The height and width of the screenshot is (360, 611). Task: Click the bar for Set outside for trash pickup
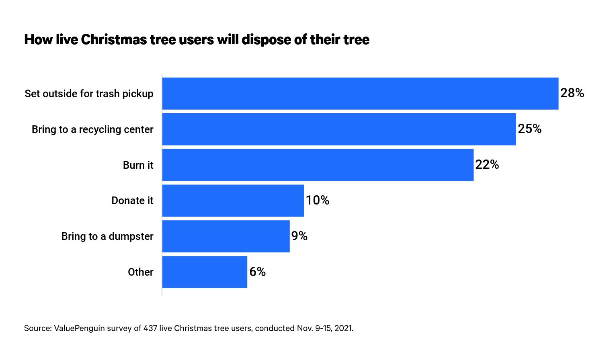[x=360, y=94]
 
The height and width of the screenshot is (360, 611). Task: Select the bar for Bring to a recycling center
[x=339, y=129]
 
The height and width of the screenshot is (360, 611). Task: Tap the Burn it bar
[x=318, y=165]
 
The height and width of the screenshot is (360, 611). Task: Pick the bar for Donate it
[x=233, y=201]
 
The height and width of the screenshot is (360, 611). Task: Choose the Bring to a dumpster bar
[x=226, y=236]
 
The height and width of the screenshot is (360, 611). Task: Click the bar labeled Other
[x=204, y=272]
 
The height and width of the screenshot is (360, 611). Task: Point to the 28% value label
[x=572, y=93]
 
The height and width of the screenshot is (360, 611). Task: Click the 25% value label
[x=529, y=129]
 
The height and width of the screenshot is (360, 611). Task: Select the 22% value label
[x=487, y=165]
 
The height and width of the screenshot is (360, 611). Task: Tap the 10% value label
[x=318, y=200]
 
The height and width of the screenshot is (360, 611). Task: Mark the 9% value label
[x=299, y=236]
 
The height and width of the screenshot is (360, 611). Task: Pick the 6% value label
[x=257, y=272]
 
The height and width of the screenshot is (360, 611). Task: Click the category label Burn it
[x=138, y=165]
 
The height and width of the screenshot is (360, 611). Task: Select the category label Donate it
[x=132, y=201]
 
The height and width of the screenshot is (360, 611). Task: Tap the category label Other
[x=140, y=272]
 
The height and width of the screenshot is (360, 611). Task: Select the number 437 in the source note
[x=150, y=328]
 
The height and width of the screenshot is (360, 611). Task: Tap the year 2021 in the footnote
[x=343, y=328]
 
